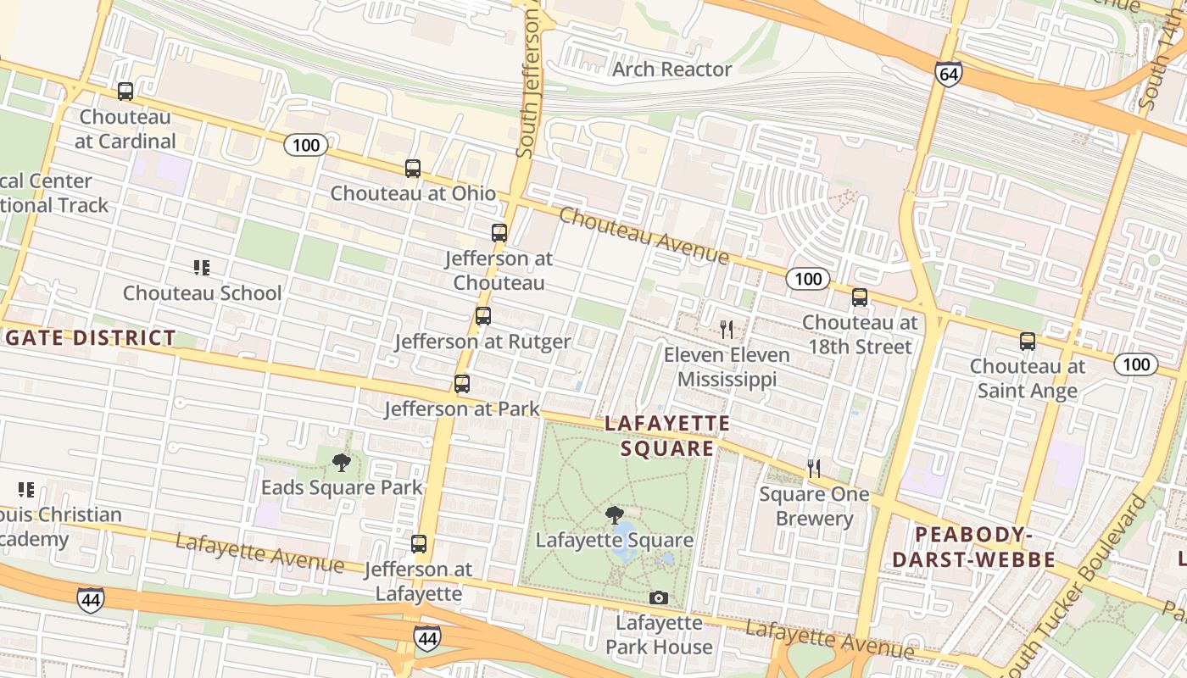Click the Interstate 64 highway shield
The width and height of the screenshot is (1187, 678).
click(949, 74)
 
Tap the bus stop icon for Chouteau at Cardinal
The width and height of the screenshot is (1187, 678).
click(125, 92)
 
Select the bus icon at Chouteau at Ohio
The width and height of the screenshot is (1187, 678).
click(413, 169)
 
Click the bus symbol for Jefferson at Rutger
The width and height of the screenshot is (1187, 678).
click(483, 317)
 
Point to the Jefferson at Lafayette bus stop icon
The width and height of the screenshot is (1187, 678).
click(419, 544)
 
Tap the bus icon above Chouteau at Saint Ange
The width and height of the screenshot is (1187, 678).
click(1028, 342)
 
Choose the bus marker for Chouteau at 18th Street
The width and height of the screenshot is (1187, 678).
click(860, 297)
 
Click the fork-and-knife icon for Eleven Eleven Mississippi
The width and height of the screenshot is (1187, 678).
click(727, 329)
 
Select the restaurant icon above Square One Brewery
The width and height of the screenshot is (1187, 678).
click(814, 469)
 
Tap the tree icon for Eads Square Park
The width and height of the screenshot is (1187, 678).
click(342, 462)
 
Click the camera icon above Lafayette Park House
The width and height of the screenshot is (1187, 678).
click(658, 598)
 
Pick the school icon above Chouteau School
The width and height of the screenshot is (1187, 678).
click(202, 269)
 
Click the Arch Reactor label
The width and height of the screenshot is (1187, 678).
click(672, 69)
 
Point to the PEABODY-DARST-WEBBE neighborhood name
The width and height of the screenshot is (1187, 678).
click(973, 547)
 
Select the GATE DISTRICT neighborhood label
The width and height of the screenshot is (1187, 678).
click(89, 338)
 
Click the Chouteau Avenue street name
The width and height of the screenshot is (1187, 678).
click(643, 235)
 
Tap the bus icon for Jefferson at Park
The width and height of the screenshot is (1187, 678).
click(462, 384)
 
